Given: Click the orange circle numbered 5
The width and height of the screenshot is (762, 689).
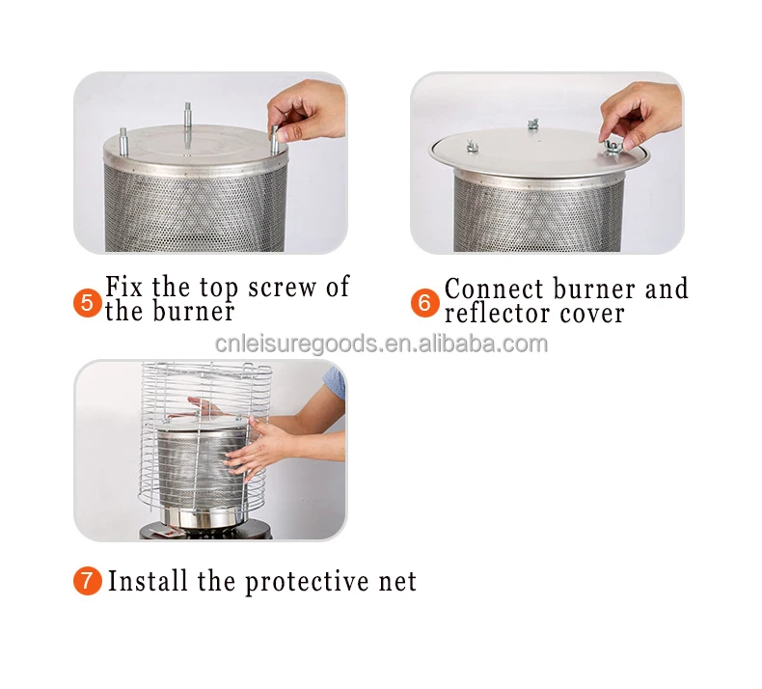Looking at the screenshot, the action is (88, 303).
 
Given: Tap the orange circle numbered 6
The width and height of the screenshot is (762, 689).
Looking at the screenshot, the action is (424, 303).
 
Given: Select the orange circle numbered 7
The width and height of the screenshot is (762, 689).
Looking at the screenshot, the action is (88, 581).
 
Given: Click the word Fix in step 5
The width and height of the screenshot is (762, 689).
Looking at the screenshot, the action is (123, 286).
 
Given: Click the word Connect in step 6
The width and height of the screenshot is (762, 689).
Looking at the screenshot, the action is (494, 289).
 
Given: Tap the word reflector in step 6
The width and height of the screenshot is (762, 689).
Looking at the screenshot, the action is (497, 313).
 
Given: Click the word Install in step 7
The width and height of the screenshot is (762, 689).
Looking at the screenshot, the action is (148, 581).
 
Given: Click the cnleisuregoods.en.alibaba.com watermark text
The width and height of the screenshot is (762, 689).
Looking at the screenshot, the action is (382, 344).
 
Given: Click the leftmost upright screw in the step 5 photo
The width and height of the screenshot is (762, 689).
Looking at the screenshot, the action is (123, 142).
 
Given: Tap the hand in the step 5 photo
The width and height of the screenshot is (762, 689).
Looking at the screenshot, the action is (306, 111).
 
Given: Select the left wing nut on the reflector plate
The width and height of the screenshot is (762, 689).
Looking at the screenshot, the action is (472, 146).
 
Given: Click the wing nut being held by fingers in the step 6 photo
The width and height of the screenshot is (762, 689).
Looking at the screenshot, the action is (612, 147).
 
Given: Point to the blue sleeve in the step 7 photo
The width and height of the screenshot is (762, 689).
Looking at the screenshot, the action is (336, 382).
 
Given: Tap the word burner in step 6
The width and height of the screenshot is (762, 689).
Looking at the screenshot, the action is (594, 289).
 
